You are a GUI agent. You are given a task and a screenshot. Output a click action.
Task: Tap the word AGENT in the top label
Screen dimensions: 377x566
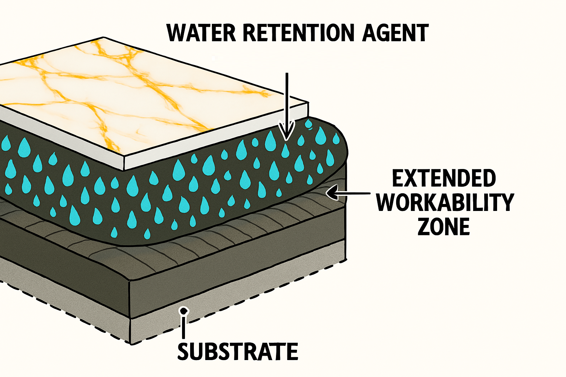395,33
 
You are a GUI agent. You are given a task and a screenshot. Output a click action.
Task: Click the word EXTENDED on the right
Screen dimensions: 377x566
444,179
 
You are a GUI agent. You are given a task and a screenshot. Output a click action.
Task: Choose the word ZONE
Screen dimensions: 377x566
444,226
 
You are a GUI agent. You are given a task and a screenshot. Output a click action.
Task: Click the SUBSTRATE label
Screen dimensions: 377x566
238,351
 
